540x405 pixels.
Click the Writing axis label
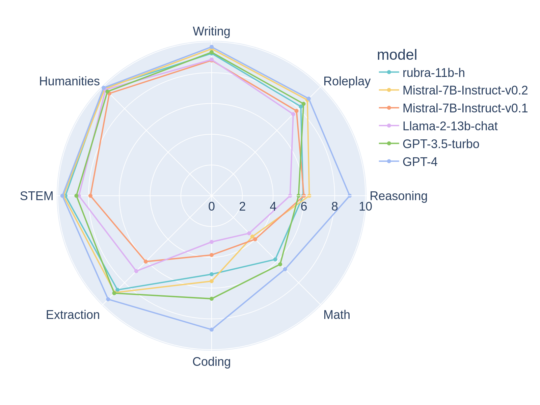(211, 31)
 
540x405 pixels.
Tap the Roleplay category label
(347, 81)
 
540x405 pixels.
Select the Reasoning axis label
(398, 196)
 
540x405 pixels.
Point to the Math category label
(336, 315)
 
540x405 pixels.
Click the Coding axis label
(211, 361)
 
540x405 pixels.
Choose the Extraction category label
(73, 315)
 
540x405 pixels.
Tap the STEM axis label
(36, 196)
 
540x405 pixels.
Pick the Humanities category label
(70, 81)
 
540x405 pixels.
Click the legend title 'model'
(397, 55)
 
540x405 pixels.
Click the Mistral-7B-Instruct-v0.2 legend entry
(465, 90)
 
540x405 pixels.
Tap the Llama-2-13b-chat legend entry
(450, 126)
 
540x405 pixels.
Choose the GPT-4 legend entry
(420, 162)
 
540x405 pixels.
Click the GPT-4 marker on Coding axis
(212, 329)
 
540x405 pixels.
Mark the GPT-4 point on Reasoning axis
(349, 196)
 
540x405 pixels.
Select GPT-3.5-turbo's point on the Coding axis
(212, 299)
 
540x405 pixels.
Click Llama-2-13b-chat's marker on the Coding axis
(212, 242)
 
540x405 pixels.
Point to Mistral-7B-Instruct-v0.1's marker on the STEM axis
(90, 196)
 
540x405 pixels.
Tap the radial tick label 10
(366, 207)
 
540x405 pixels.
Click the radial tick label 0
(212, 207)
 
